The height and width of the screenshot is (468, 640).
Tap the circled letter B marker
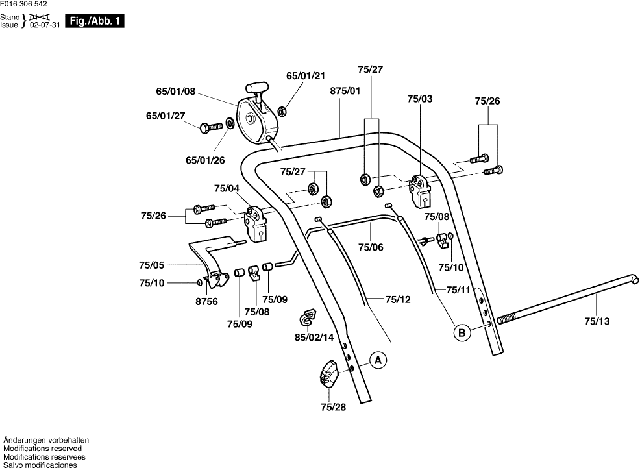tap(462, 334)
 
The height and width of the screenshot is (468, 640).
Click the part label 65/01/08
tap(175, 92)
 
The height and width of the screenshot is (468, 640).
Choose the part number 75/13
tap(597, 321)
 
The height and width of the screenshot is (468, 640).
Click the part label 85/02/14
tap(314, 337)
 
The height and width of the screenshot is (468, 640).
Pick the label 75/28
tap(334, 407)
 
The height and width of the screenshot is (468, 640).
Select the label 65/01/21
tap(306, 76)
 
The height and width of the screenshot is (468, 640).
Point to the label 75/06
tap(371, 247)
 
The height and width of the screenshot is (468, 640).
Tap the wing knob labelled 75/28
tap(330, 375)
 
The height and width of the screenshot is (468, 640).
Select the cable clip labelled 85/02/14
tap(308, 318)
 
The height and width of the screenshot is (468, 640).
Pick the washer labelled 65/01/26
tap(230, 122)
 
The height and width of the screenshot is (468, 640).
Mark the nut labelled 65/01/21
tap(282, 110)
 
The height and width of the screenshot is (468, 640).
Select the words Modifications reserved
tap(43, 448)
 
